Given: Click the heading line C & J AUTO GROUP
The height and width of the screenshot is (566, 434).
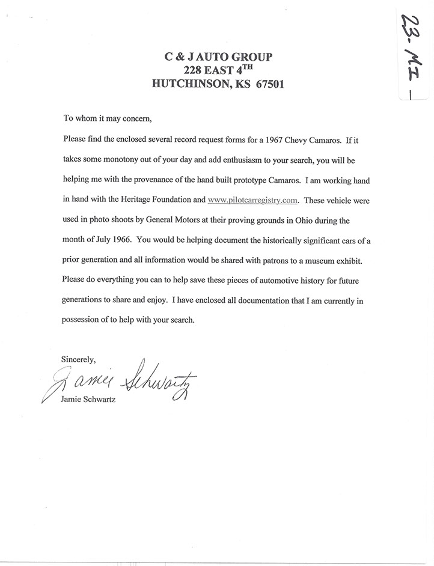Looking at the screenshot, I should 218,58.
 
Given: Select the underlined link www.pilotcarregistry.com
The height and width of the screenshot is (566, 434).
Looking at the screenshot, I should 252,199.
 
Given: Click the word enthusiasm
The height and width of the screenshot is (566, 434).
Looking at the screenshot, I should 236,160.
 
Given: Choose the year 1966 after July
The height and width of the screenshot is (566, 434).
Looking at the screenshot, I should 121,239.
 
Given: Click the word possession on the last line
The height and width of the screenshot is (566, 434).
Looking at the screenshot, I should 81,320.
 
